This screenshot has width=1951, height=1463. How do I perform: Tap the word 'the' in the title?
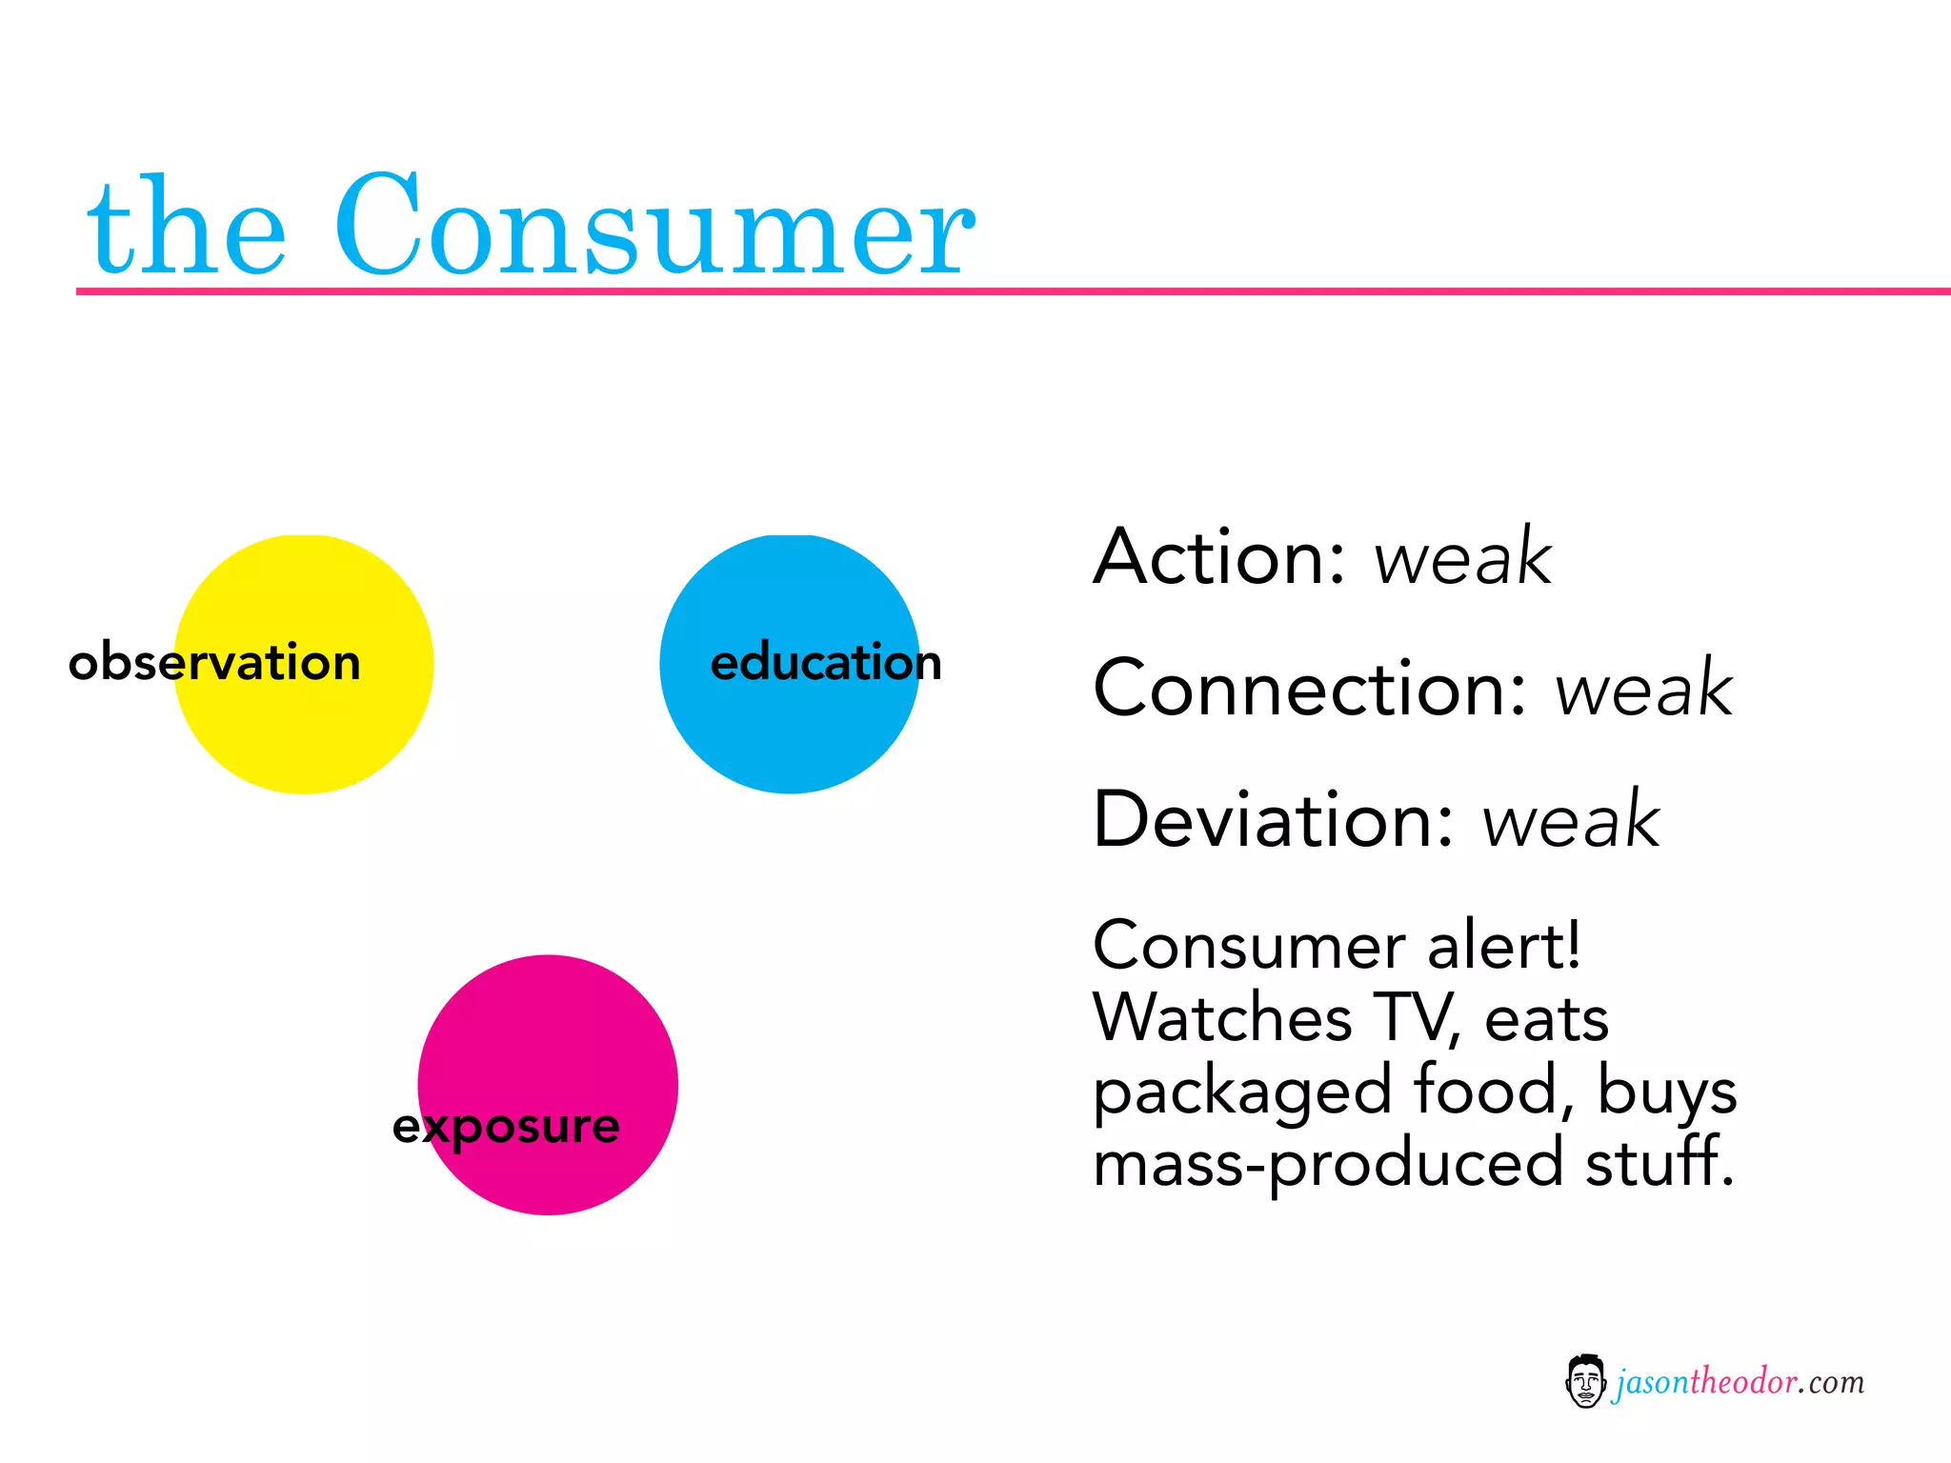187,229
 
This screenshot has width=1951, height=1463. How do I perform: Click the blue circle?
790,733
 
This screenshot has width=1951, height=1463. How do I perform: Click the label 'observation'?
215,662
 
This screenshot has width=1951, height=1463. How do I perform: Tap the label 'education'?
826,662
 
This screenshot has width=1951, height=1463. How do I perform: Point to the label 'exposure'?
506,1128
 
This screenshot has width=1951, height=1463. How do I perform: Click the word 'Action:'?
1220,557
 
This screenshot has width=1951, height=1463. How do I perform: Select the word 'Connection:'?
1311,689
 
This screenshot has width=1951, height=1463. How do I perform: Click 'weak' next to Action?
1463,557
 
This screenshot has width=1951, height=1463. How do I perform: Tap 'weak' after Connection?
1643,689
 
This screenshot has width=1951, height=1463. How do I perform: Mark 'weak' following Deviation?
1571,820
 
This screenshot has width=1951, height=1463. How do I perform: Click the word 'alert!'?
1505,947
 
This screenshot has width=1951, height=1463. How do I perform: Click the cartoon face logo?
1585,1381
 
